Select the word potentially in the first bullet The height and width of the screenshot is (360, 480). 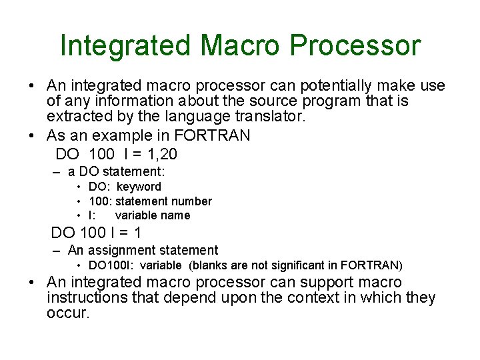tap(313, 86)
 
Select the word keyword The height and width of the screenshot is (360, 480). tap(139, 187)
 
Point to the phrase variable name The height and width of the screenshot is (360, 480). tap(153, 215)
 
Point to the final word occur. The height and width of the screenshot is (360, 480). tap(67, 313)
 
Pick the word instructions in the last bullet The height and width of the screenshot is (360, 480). tap(95, 297)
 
